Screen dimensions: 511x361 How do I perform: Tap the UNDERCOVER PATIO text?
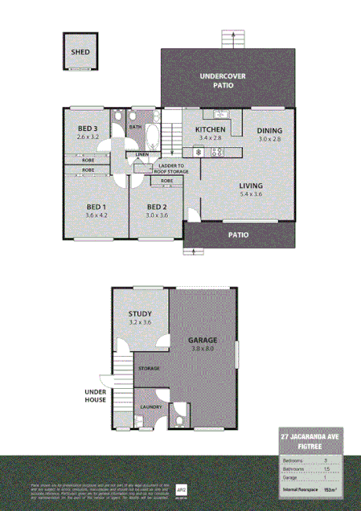tap(229, 80)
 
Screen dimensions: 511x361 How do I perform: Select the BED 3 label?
tap(88, 129)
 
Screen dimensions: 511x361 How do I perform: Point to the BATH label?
tap(135, 126)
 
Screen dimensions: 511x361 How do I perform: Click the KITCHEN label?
tap(211, 129)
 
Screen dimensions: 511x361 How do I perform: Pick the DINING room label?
tap(271, 130)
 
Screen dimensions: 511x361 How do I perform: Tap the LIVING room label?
tap(251, 186)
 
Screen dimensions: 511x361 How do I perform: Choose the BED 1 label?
tap(96, 206)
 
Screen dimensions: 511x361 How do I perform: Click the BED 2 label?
tap(157, 206)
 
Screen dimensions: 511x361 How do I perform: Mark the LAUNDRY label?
tap(150, 407)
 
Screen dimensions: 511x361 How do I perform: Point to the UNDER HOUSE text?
tap(96, 396)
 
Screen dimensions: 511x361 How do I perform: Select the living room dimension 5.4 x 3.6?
tap(251, 194)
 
